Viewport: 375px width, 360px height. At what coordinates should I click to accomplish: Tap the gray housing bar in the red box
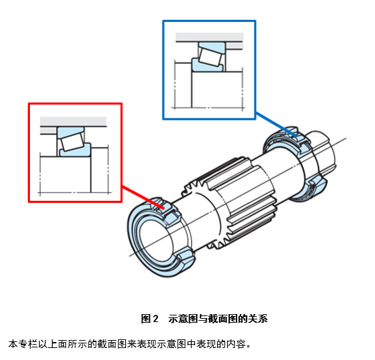click(x=73, y=120)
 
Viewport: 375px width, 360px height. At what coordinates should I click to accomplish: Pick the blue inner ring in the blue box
click(x=200, y=65)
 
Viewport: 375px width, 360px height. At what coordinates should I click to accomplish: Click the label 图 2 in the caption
click(x=149, y=319)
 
